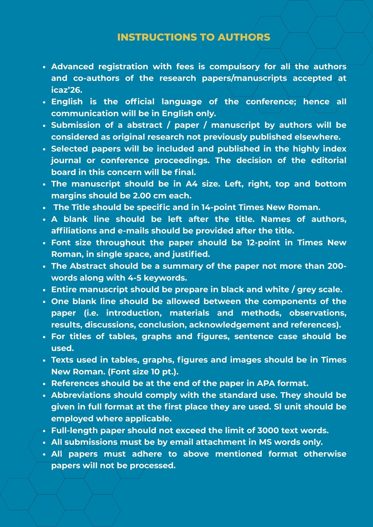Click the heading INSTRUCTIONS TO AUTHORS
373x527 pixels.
tap(194, 37)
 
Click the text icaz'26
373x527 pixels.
tap(67, 90)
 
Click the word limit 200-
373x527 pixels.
tap(337, 266)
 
